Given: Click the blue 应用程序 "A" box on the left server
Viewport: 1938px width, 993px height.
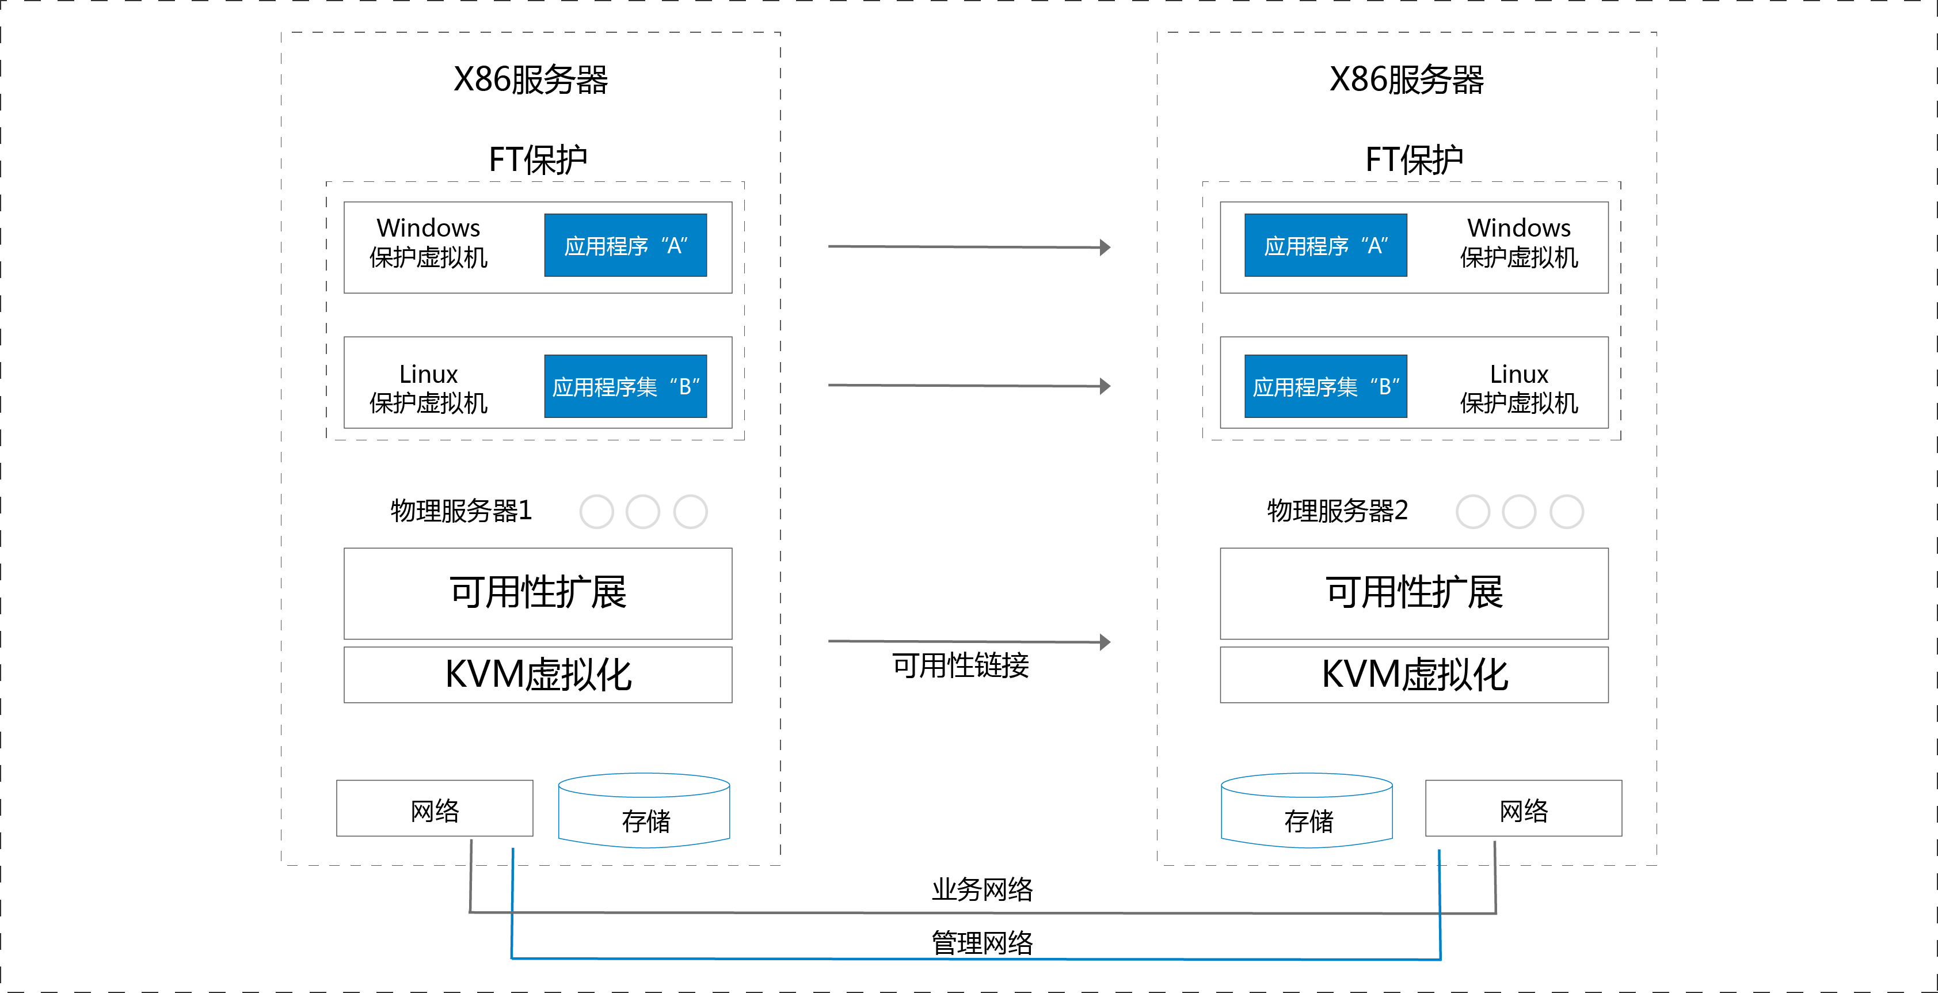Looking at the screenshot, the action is point(625,245).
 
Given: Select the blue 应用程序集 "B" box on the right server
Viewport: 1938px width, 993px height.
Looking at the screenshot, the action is point(1326,386).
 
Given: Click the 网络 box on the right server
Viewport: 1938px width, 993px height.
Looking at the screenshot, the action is point(1524,808).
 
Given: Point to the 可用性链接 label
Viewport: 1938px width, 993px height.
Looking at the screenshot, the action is point(961,665).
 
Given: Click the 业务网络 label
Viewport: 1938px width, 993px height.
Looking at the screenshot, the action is point(983,889).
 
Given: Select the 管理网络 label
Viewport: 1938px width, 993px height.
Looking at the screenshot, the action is point(983,942).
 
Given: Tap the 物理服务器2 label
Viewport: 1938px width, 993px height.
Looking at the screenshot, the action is point(1337,511).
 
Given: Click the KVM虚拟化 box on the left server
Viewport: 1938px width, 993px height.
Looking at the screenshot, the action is point(538,675).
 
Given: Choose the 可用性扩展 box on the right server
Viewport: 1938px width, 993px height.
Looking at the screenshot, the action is point(1414,593).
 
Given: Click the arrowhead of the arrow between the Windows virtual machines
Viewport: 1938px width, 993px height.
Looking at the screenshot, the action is point(1105,247).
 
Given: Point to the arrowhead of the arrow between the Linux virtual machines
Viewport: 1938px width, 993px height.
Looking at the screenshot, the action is point(1105,386).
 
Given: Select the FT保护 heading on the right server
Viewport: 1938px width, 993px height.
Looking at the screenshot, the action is point(1414,159).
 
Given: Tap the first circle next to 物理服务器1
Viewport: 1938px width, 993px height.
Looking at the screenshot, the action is point(597,512).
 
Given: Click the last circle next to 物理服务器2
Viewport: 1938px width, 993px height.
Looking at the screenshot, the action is point(1566,512).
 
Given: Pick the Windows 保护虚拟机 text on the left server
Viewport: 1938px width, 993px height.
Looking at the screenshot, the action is point(428,242).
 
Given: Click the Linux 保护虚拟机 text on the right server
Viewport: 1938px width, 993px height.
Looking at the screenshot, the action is point(1519,388).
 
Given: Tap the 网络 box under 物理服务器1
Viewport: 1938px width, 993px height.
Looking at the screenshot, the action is point(435,808).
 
